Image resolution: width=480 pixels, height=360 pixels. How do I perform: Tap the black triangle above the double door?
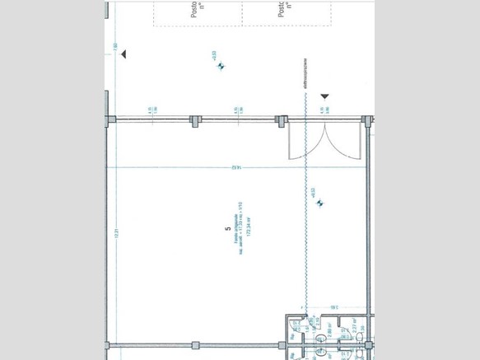tap(324, 96)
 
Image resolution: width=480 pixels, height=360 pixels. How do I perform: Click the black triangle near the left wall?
tap(123, 54)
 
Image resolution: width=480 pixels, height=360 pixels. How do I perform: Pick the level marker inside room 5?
tap(320, 203)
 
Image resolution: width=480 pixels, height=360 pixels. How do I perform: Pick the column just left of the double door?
tap(281, 121)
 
